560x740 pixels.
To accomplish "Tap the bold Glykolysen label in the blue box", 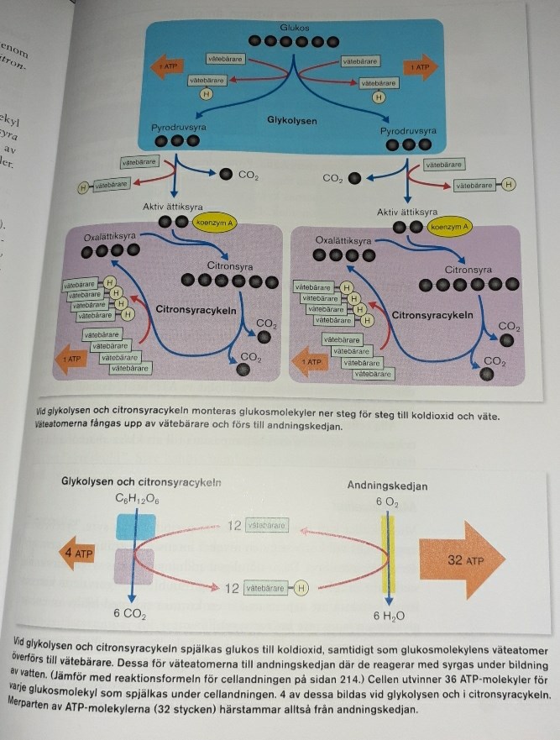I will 292,120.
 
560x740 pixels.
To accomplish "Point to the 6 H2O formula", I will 390,616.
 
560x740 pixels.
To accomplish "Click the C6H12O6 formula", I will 137,499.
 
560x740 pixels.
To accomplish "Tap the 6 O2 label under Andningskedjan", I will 387,501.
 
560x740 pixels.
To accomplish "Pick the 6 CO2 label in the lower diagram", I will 130,614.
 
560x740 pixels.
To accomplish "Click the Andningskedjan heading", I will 387,485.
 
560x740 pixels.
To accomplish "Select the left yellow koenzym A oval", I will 212,223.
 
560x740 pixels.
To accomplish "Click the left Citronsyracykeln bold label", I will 195,309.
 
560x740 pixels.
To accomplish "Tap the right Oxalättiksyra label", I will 343,240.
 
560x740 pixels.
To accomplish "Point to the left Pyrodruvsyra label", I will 179,127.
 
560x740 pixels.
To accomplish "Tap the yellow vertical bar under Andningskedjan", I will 387,559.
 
